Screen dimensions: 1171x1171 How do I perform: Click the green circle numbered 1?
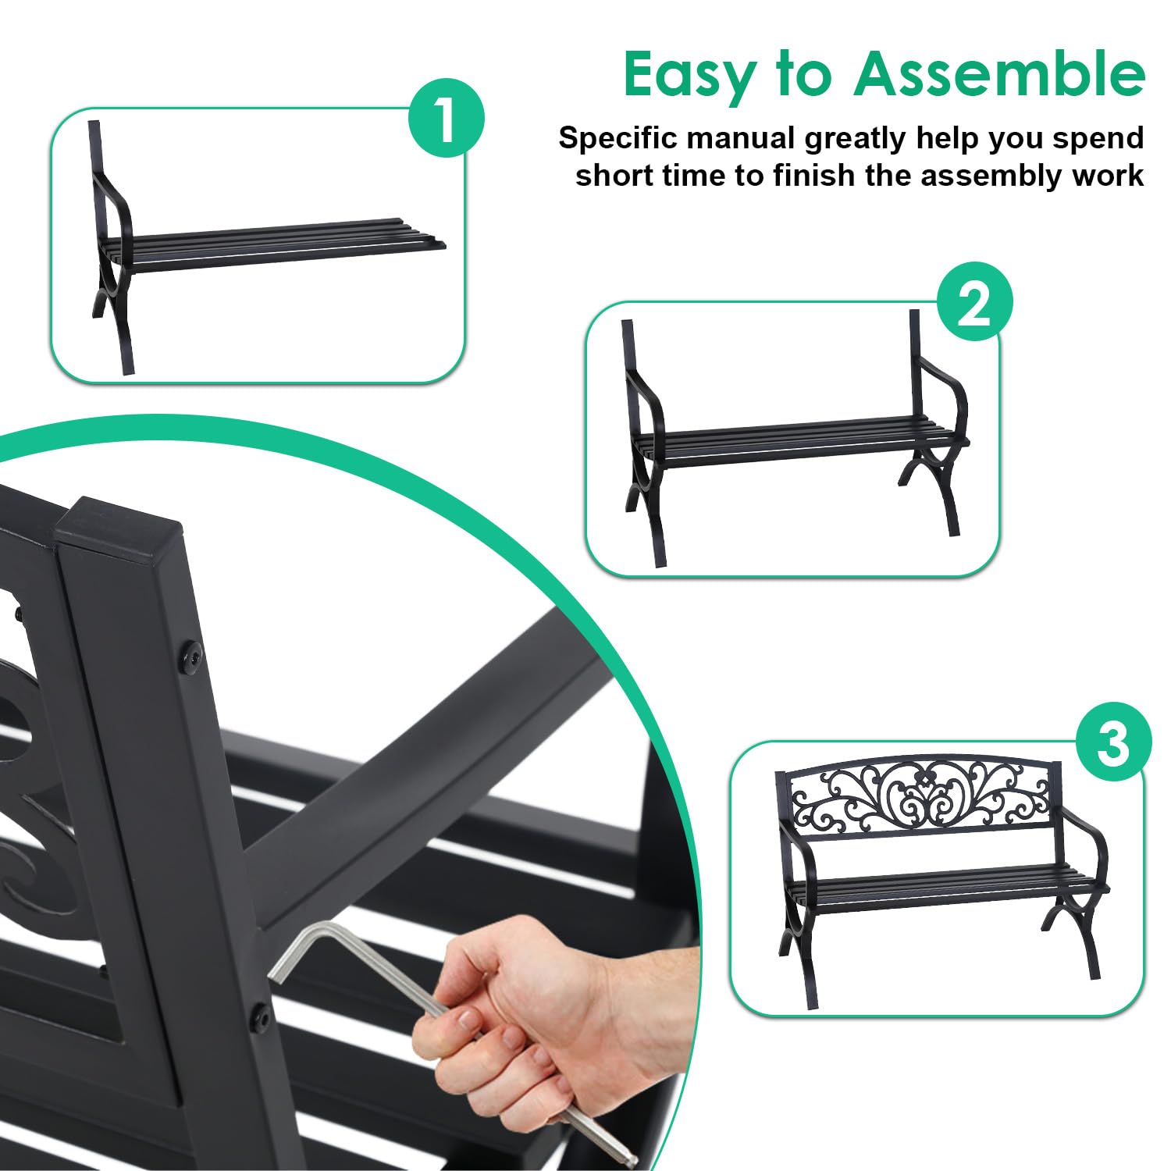[447, 119]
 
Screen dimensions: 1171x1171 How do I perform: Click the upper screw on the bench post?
[190, 654]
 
